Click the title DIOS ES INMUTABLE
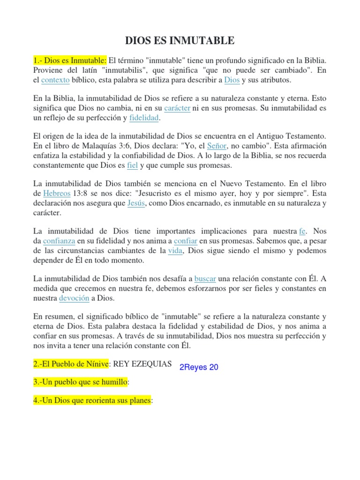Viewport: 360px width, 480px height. tap(180, 41)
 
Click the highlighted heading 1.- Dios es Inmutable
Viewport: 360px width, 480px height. tap(70, 60)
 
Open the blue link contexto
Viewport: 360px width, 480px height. tap(55, 80)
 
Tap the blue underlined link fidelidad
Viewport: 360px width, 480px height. tap(144, 118)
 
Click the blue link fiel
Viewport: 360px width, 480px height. tap(132, 165)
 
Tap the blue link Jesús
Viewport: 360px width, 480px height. tap(136, 203)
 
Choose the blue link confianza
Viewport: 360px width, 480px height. tap(59, 241)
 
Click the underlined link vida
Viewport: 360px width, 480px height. tap(175, 250)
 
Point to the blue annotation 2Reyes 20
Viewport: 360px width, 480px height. tap(199, 367)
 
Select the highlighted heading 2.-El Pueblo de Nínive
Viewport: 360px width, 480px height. tap(70, 364)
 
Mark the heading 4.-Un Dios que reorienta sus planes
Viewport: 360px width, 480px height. tap(92, 401)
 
